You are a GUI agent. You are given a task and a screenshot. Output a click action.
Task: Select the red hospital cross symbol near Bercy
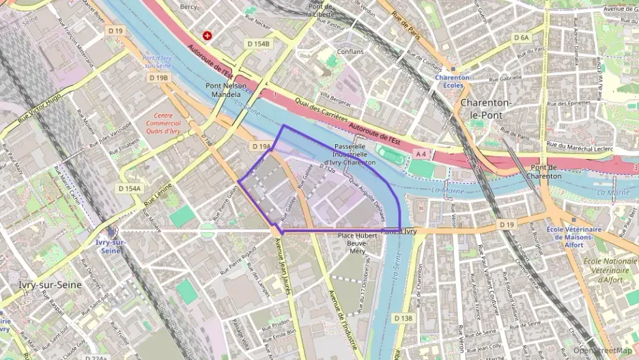(208, 35)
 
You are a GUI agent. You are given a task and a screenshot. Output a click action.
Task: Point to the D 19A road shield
(261, 146)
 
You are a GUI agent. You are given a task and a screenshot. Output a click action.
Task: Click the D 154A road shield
(129, 188)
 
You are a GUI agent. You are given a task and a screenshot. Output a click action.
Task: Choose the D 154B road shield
(259, 44)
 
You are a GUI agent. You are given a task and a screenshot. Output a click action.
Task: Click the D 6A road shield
(521, 38)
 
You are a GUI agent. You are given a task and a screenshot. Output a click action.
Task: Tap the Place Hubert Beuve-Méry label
(358, 243)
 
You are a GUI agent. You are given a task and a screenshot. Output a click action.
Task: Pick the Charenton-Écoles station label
(453, 82)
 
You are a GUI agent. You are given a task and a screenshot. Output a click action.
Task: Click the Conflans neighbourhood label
(350, 51)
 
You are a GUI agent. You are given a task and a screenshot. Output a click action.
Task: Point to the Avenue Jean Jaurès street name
(283, 267)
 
